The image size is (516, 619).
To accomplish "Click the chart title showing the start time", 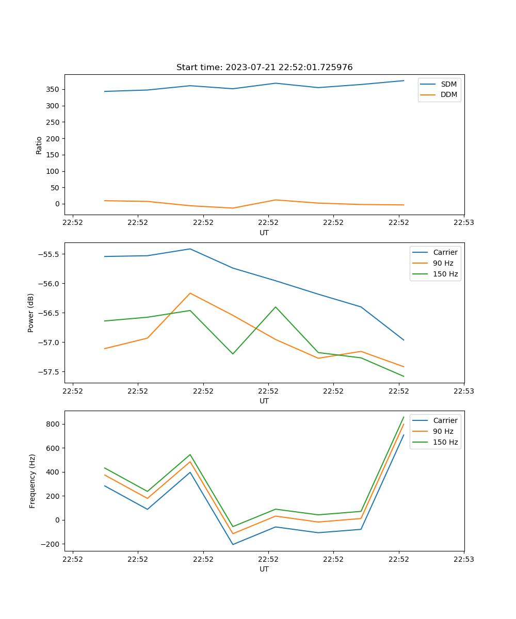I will pyautogui.click(x=264, y=68).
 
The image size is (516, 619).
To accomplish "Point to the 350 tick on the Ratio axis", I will pyautogui.click(x=54, y=89).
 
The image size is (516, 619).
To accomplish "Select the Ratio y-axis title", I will pyautogui.click(x=39, y=145).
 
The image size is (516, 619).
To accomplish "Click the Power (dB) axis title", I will pyautogui.click(x=31, y=313).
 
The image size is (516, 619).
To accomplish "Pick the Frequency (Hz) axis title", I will pyautogui.click(x=32, y=481).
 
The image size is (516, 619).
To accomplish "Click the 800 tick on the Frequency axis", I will pyautogui.click(x=54, y=424).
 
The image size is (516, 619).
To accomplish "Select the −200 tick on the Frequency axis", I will pyautogui.click(x=52, y=544).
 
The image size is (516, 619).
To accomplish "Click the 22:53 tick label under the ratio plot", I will pyautogui.click(x=463, y=223).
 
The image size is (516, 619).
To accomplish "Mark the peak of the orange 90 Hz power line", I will pyautogui.click(x=190, y=293).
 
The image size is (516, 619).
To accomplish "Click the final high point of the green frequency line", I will pyautogui.click(x=404, y=417).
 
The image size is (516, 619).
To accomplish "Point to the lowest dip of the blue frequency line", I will pyautogui.click(x=233, y=544).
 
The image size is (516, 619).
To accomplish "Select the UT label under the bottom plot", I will pyautogui.click(x=264, y=569).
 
